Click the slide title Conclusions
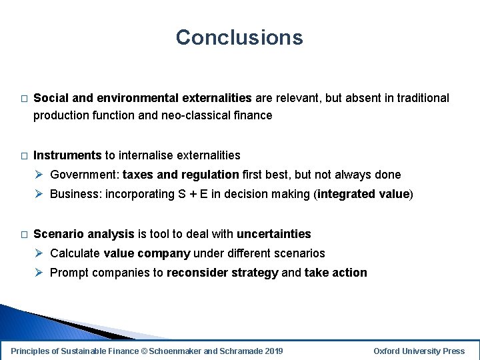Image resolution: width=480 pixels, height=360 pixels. coord(239,37)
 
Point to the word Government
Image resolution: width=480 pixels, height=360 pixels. coord(84,175)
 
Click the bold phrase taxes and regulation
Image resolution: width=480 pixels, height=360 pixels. coord(181,175)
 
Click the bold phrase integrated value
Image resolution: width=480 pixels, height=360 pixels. coord(364,195)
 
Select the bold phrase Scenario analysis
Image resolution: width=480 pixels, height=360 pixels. coord(84,234)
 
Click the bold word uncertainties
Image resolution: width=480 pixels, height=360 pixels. coord(273,234)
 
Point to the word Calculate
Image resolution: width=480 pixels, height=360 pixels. coord(75,253)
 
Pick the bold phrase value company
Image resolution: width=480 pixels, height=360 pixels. coord(147,253)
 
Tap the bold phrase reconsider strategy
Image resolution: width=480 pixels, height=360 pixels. coord(222,273)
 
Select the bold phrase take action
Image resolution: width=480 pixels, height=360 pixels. coord(335,273)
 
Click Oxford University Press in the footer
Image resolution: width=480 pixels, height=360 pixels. coord(419,351)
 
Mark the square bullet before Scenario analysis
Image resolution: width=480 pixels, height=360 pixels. coord(23,235)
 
